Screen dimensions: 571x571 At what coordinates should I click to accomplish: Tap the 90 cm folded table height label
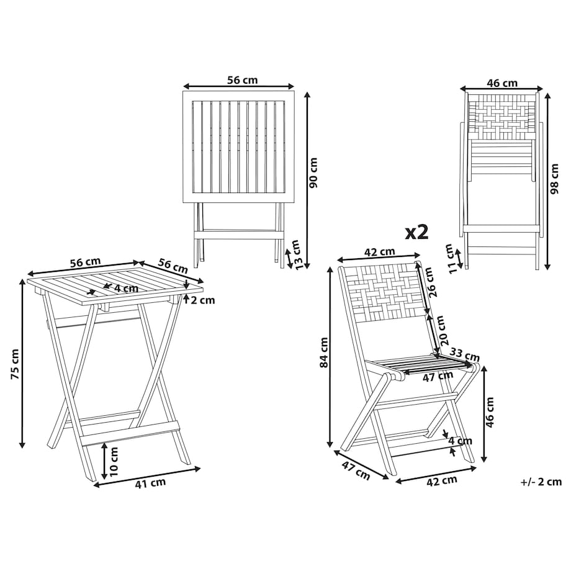(313, 173)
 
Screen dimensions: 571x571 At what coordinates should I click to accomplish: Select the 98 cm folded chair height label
(554, 179)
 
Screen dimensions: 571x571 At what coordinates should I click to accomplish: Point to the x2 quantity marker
(417, 232)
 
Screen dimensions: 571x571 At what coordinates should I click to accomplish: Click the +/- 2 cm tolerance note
(541, 482)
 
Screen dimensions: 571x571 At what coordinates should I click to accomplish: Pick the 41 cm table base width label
(150, 483)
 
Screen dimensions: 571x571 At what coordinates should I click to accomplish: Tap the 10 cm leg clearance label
(114, 461)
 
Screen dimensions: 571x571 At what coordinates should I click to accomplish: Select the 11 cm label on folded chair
(451, 259)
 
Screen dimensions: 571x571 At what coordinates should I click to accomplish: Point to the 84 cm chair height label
(324, 353)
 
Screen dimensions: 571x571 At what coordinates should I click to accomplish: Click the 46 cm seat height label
(490, 412)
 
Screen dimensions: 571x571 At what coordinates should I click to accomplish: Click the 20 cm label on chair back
(442, 330)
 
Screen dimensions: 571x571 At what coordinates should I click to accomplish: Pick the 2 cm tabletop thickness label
(203, 300)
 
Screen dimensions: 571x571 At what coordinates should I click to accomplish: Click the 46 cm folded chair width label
(502, 83)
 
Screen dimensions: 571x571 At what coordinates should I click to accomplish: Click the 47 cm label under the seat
(438, 376)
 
